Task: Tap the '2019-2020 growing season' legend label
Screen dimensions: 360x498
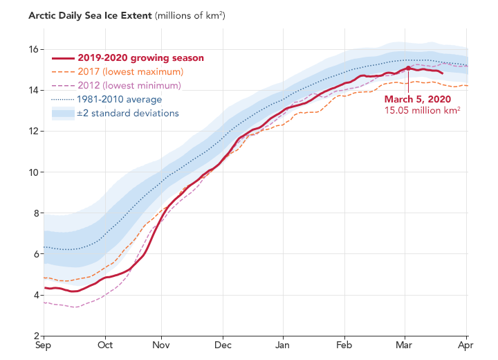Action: (x=140, y=58)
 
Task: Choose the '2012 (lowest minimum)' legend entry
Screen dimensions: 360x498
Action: (x=129, y=86)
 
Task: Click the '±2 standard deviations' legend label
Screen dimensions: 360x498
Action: (x=128, y=114)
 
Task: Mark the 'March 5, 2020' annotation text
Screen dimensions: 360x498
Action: (x=421, y=99)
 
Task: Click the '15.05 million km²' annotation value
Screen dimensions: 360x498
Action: (x=423, y=111)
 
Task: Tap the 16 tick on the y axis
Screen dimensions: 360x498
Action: (x=33, y=49)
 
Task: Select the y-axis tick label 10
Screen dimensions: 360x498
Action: (x=33, y=172)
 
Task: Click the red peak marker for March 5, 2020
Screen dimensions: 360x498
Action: (x=409, y=68)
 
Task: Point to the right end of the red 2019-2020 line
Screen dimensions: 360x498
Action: (x=443, y=73)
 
